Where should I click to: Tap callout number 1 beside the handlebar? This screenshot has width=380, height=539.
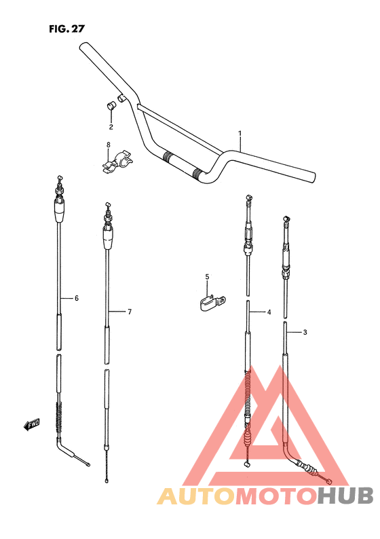click(x=240, y=134)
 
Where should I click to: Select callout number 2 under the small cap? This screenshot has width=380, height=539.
click(x=111, y=127)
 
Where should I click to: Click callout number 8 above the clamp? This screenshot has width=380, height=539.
click(x=107, y=145)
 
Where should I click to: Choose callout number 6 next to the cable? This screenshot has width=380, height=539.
click(x=77, y=298)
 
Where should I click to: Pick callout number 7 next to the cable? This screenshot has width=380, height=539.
click(x=129, y=312)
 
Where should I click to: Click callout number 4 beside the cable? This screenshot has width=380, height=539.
click(x=269, y=312)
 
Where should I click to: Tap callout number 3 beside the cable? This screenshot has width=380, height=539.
click(x=305, y=332)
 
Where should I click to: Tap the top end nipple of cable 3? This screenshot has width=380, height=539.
click(x=286, y=218)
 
